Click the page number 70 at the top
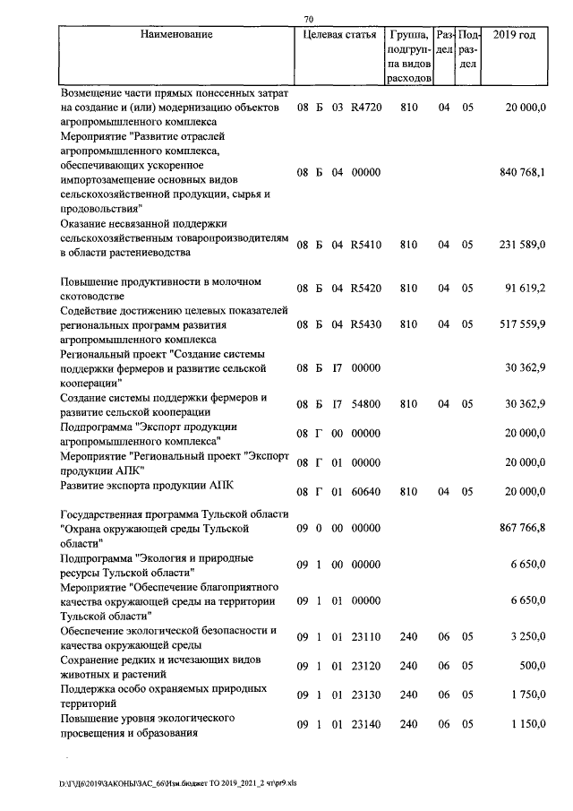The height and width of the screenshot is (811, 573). pos(308,19)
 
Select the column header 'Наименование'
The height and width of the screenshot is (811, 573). pos(176,35)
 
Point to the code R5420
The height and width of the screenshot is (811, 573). pos(365,289)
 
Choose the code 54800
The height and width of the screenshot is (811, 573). pos(366,404)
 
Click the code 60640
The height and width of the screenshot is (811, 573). pos(366,491)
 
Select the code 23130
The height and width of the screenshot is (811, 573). pos(366,695)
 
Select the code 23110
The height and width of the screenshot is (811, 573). pos(366,636)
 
